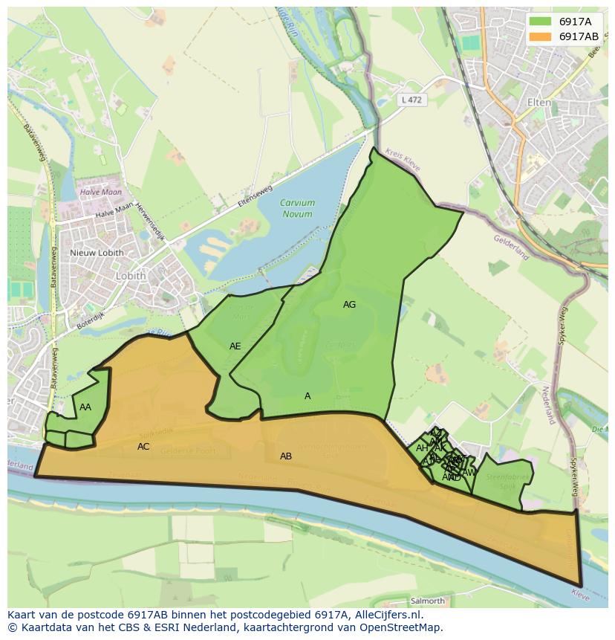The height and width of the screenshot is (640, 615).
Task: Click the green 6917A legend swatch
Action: [x=541, y=22]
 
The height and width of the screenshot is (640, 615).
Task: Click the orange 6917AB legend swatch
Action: [x=541, y=36]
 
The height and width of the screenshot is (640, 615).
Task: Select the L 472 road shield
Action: [x=411, y=100]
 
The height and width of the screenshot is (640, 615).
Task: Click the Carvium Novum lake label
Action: [x=297, y=208]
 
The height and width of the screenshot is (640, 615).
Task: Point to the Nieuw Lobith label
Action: [x=97, y=253]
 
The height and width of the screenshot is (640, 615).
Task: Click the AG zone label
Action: [x=349, y=305]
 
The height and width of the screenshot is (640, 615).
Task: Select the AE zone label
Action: [x=235, y=346]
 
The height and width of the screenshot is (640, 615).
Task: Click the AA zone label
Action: [x=85, y=407]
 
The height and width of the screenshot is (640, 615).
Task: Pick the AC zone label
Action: [x=143, y=447]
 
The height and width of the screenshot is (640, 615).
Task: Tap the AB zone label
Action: [x=285, y=456]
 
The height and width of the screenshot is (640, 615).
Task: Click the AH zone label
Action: [x=421, y=448]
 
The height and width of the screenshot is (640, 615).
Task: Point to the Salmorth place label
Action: [x=427, y=601]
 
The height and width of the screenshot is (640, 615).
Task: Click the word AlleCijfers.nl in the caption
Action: [x=385, y=615]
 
